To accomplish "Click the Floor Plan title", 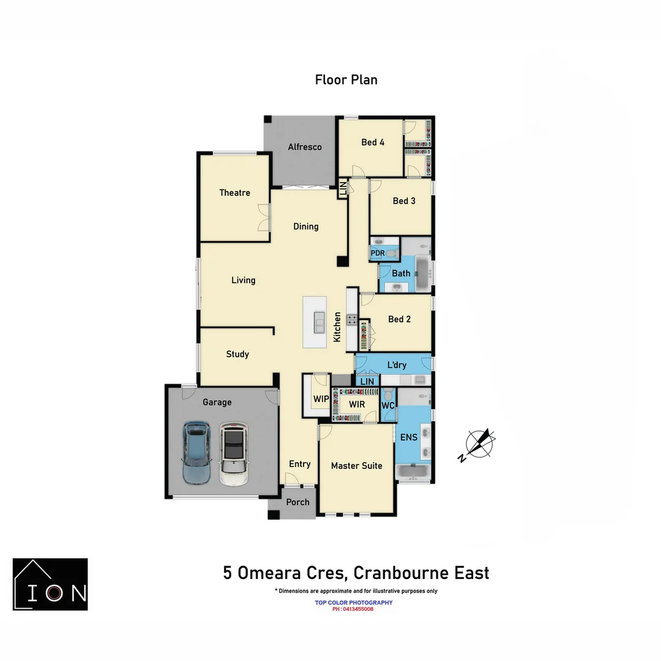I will click(x=346, y=80).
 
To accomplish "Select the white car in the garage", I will click(x=233, y=454).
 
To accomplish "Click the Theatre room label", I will click(x=234, y=193).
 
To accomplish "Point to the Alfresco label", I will click(x=305, y=147).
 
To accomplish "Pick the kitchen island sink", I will click(x=319, y=322).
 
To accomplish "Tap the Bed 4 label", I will click(x=373, y=143).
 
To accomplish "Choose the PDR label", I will click(x=378, y=253).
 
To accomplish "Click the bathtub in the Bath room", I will click(x=422, y=274).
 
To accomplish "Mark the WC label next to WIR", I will click(x=387, y=405).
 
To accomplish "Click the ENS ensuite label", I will click(x=408, y=437).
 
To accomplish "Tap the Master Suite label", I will click(x=356, y=466).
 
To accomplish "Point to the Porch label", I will click(x=298, y=502).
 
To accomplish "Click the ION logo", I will click(x=50, y=584).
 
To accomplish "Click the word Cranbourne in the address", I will click(x=392, y=573).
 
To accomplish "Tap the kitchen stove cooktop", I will click(x=352, y=319).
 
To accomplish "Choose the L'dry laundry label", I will click(x=397, y=365).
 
